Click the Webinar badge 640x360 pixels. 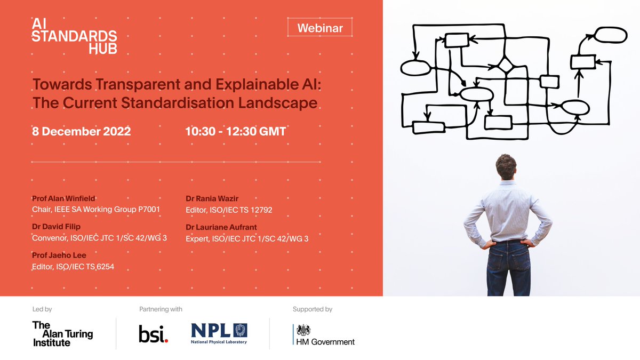point(319,28)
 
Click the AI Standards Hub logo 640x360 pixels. point(74,36)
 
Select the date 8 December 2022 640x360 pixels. point(82,131)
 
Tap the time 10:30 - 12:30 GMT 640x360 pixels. point(235,131)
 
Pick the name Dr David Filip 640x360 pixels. point(57,227)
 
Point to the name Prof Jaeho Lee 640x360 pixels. point(59,255)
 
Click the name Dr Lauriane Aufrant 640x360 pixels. point(221,227)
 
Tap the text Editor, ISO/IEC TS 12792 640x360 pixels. point(229,210)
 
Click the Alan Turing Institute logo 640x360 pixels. point(62,334)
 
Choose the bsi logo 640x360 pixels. point(153,333)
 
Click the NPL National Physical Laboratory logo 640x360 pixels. point(219,333)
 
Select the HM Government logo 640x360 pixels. point(325,335)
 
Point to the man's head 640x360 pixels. point(506,166)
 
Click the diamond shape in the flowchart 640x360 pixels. point(505,66)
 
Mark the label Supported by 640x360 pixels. point(313,309)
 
